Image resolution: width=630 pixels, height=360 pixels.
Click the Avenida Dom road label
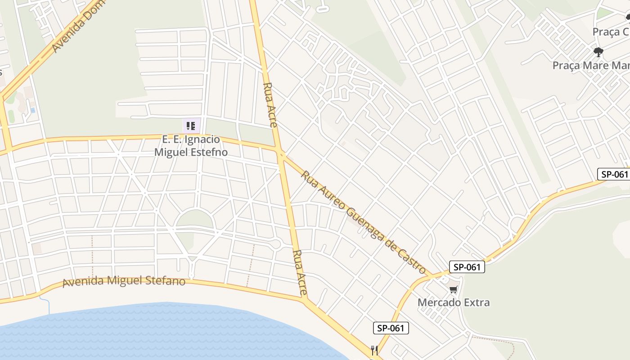coord(78,26)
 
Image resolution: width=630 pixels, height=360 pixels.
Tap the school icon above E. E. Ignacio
coord(191,126)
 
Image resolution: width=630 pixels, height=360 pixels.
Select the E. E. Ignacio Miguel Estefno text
coord(191,146)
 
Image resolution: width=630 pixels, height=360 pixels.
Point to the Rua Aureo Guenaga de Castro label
coord(363,222)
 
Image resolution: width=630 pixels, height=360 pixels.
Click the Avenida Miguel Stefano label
coord(124,281)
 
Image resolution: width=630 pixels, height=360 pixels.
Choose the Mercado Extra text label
coord(454,302)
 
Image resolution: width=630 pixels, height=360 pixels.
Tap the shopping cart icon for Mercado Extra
coord(454,289)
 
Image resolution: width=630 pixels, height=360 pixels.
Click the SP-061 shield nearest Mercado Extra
coord(467,267)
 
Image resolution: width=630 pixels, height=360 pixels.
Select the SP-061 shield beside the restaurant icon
coord(391,328)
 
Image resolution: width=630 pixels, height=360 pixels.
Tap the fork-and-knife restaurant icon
coord(374,350)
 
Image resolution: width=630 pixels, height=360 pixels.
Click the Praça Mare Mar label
coord(591,65)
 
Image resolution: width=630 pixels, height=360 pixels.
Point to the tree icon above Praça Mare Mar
coord(598,52)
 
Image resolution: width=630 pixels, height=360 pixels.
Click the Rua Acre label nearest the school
coord(269,105)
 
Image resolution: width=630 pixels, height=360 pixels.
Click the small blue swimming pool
coord(32,110)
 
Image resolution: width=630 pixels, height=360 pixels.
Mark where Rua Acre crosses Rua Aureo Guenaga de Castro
coord(281,154)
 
